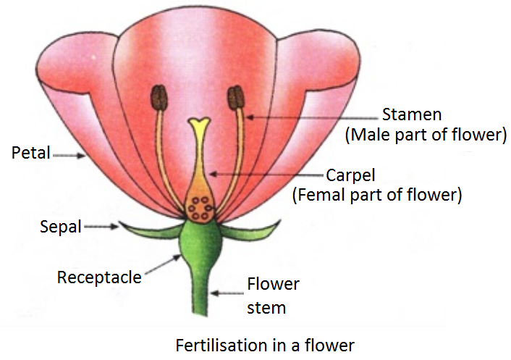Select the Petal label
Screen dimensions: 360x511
tap(30, 154)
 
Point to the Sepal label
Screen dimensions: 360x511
tap(60, 227)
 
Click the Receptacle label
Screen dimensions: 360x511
tap(99, 277)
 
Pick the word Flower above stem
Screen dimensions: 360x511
tap(273, 283)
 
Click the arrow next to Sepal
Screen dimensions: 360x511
tap(101, 227)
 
